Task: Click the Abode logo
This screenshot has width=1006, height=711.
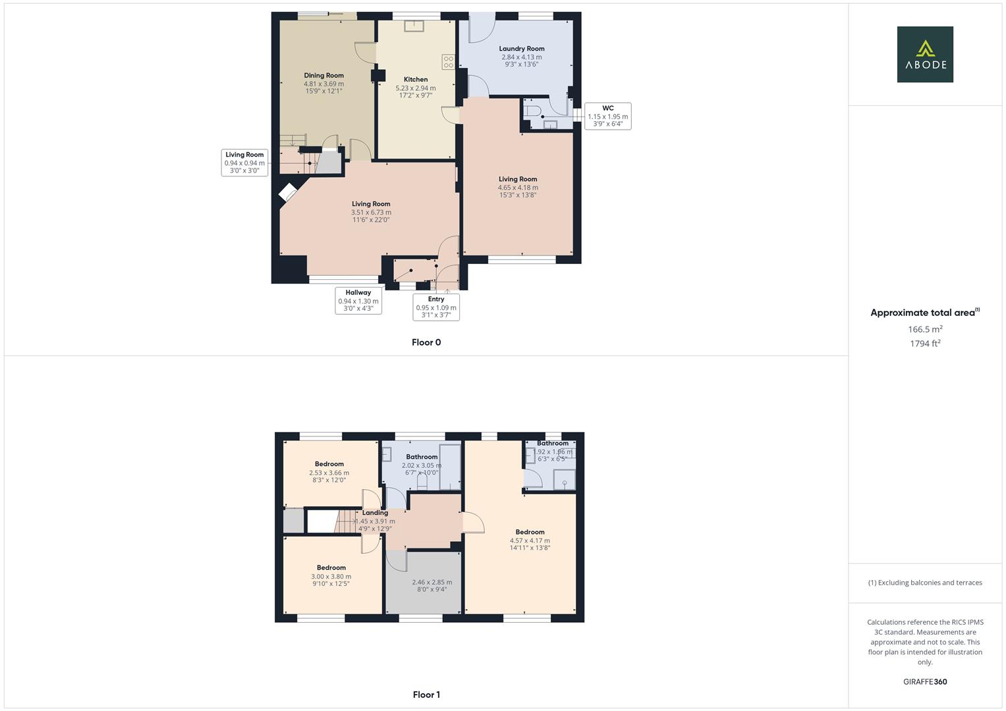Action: pos(924,54)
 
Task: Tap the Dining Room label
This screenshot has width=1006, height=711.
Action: pos(323,76)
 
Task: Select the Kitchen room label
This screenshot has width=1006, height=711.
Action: pos(416,80)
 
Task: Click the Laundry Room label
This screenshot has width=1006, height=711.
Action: pos(522,49)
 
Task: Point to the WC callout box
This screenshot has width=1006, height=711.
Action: pos(607,116)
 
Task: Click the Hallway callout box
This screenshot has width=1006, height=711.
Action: pos(358,300)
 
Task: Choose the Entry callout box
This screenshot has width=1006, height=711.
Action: pos(436,307)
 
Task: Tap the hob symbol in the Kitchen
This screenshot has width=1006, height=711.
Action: pos(449,62)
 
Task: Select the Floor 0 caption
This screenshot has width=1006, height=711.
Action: pos(426,342)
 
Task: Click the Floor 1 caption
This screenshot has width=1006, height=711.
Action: pos(426,695)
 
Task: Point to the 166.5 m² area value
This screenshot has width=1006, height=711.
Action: pos(925,329)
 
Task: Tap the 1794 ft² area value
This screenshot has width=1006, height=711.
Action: pos(925,344)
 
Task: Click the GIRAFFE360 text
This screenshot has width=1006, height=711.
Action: pos(925,682)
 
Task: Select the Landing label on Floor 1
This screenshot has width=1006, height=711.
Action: pos(375,513)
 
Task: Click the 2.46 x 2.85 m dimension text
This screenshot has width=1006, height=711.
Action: pos(432,582)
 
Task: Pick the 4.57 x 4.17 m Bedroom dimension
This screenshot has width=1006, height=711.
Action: pos(530,540)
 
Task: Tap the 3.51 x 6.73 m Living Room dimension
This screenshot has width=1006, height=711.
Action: pos(371,213)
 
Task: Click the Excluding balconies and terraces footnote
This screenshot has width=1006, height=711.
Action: pos(925,583)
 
